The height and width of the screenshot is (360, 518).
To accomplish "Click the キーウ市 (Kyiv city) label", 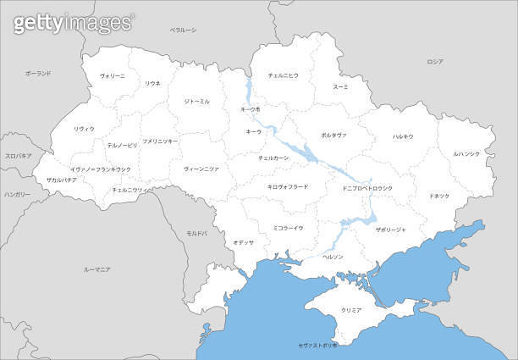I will tap(251, 109).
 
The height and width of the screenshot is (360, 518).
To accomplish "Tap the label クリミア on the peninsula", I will tap(350, 311).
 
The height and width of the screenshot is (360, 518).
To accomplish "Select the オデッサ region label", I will tap(244, 242).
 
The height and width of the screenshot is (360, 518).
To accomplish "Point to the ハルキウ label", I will tap(403, 136).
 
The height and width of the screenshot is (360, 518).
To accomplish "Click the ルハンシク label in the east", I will tap(466, 153).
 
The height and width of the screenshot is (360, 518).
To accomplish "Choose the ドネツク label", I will tap(440, 196).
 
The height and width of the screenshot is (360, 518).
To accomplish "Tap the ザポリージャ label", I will tap(390, 229).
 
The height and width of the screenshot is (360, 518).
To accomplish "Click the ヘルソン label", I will tap(333, 256).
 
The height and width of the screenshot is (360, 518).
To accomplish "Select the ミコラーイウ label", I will tap(288, 227).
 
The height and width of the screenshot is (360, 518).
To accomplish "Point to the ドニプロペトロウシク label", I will tap(368, 187).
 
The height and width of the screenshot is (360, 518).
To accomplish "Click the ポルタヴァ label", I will tap(333, 135).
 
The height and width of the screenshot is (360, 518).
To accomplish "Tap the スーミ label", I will tap(340, 86).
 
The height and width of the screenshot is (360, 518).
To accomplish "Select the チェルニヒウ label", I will tap(283, 75).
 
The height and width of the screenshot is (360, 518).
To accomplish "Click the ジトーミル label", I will tap(196, 101).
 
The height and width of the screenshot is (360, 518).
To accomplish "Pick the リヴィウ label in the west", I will tap(84, 128).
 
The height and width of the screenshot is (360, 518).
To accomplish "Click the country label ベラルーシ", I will tap(183, 30).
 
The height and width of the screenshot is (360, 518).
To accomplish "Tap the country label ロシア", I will tap(435, 62).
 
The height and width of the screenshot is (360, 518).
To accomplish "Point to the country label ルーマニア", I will tap(97, 269).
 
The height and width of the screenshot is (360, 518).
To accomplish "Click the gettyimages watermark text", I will tap(73, 23).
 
